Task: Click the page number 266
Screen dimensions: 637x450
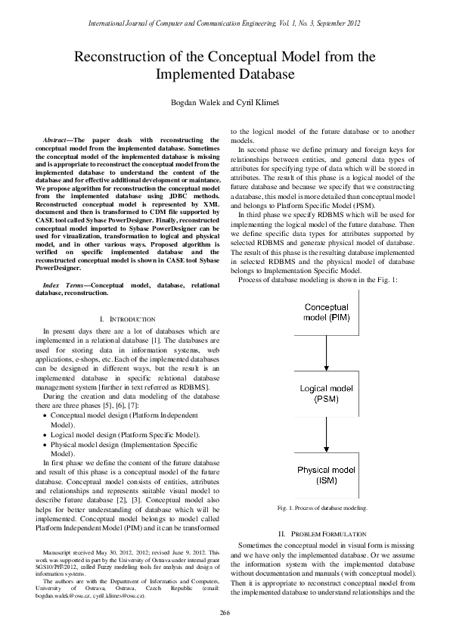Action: point(225,612)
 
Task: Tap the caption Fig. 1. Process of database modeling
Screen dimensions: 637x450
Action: point(323,508)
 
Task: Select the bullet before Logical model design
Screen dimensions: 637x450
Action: point(45,435)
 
